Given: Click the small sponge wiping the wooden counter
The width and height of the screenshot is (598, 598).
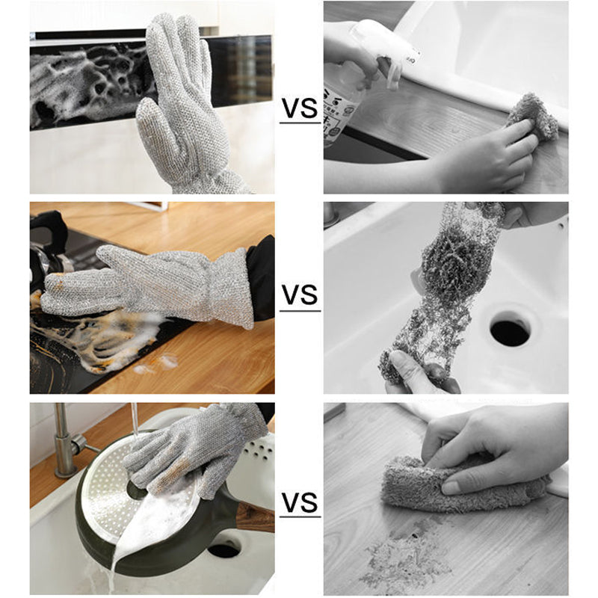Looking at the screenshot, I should pos(532,116).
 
